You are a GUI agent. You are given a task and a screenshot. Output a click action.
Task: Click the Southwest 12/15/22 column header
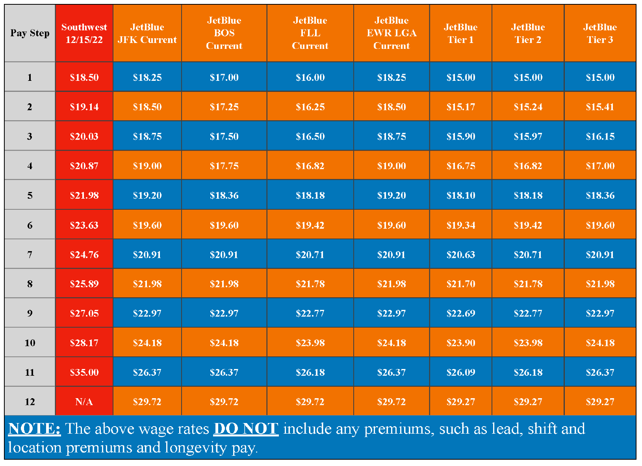tap(84, 33)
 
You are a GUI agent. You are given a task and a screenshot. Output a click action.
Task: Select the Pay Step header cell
tap(30, 33)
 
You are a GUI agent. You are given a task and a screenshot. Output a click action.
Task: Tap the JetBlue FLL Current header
tap(310, 33)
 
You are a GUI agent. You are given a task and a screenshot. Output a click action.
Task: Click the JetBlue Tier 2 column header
tap(528, 33)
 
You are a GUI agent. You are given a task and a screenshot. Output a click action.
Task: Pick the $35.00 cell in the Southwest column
tap(84, 372)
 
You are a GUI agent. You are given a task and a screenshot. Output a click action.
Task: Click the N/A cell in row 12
tap(84, 402)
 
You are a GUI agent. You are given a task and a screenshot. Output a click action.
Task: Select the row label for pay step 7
tap(30, 255)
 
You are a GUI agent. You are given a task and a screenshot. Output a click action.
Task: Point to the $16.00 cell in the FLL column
tap(310, 77)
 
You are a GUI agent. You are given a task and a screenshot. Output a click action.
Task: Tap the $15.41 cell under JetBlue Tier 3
tap(600, 107)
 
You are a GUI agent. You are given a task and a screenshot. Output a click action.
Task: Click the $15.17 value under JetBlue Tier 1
tap(460, 107)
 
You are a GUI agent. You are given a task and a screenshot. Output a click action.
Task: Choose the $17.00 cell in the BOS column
tap(224, 77)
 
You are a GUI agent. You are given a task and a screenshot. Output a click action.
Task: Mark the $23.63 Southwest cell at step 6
tap(84, 225)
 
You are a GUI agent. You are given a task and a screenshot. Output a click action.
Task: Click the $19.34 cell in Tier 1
tap(460, 225)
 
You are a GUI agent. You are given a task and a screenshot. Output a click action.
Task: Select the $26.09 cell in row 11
tap(460, 372)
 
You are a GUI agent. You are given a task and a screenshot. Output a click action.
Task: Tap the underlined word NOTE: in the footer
tap(35, 429)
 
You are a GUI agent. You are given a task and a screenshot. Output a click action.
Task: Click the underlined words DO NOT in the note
tap(246, 429)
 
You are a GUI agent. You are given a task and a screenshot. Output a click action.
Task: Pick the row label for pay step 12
tap(30, 402)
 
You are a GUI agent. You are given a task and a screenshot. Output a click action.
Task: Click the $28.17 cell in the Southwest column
tap(84, 343)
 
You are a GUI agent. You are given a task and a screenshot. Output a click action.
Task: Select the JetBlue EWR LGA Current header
tap(391, 33)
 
